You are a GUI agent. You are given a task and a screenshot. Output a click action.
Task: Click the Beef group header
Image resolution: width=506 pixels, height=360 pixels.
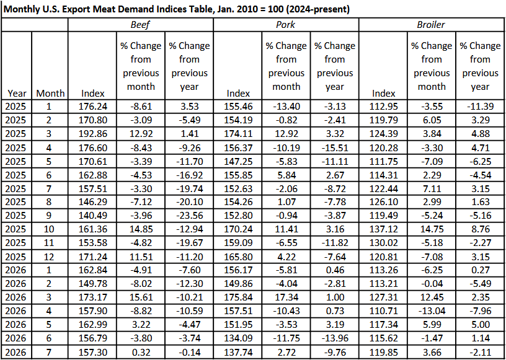click(140, 25)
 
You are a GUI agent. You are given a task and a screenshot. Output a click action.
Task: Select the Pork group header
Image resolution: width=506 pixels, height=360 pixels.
click(286, 25)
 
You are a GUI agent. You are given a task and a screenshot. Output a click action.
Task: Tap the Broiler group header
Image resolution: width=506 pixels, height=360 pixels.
click(431, 25)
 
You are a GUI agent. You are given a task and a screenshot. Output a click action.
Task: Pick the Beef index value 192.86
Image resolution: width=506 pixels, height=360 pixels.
click(92, 134)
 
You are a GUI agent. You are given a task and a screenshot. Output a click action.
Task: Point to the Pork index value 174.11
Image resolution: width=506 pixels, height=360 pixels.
click(238, 134)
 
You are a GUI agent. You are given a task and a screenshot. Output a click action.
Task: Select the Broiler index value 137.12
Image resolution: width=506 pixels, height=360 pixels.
click(383, 229)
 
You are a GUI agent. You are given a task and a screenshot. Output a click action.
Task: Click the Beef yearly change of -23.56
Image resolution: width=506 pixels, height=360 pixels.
click(189, 216)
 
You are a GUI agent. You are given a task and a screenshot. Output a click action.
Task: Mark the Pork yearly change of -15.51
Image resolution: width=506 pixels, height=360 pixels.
click(335, 147)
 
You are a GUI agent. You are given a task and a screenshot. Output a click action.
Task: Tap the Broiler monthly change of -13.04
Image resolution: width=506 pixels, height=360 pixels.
click(432, 311)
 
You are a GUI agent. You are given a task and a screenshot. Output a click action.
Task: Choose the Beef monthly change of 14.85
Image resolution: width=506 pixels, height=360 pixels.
click(141, 229)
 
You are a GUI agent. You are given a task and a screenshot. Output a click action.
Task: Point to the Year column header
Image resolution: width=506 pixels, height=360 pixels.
click(17, 94)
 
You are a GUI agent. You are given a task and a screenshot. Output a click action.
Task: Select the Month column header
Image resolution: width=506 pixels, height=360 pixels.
click(50, 94)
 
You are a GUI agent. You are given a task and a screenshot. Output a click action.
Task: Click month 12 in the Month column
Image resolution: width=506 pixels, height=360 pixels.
click(50, 257)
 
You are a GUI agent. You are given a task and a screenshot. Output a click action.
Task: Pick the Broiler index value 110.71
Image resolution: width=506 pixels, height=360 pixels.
click(383, 311)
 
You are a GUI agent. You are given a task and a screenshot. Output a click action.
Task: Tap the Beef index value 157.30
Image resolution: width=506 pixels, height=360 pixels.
click(92, 351)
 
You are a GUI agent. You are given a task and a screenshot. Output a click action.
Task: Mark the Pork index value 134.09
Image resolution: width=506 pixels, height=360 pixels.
click(238, 338)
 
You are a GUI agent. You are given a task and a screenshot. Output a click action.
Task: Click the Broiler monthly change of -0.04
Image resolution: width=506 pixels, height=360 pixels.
click(432, 284)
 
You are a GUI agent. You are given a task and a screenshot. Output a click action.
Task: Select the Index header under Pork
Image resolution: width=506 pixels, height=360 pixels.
click(238, 94)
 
